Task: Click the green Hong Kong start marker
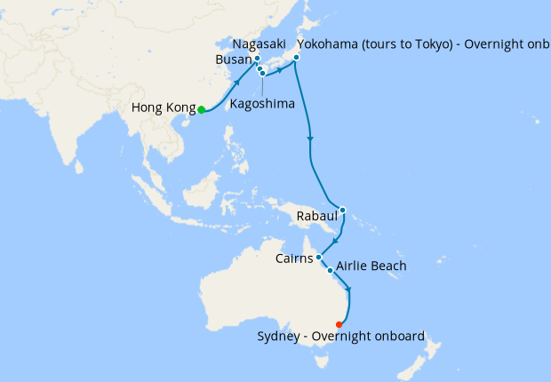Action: click(x=202, y=110)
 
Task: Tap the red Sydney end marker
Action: click(x=339, y=324)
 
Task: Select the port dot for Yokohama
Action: click(x=296, y=58)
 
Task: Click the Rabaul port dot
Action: click(x=343, y=211)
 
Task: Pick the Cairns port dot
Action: click(x=319, y=258)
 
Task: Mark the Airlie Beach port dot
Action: click(x=331, y=270)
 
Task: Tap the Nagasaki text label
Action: click(x=258, y=44)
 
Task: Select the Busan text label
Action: click(x=234, y=60)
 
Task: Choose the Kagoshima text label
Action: click(x=262, y=104)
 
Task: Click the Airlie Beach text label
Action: click(x=371, y=267)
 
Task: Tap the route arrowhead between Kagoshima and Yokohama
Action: click(x=281, y=68)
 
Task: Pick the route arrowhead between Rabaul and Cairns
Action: click(x=332, y=240)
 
